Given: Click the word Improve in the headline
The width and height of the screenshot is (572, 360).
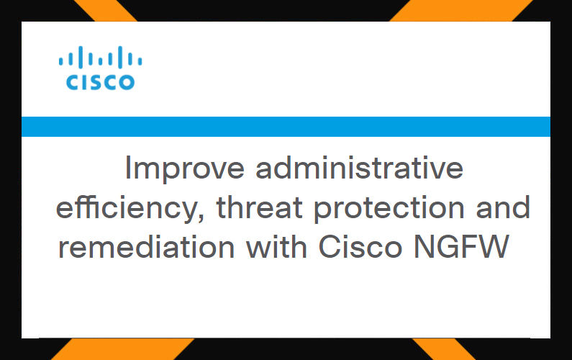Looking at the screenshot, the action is tap(185, 169).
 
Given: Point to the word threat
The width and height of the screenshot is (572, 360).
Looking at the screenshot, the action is tap(259, 207).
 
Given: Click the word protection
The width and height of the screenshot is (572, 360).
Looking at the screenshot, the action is tap(389, 208).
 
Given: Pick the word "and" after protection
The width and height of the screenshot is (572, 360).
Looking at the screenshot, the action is tap(503, 207).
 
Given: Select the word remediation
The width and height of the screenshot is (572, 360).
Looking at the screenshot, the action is tap(146, 246).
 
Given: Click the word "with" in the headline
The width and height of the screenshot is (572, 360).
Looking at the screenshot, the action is tap(276, 246).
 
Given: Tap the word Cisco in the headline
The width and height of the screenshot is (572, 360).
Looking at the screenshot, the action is tap(360, 246).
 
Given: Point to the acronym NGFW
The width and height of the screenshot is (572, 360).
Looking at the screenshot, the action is tap(461, 246).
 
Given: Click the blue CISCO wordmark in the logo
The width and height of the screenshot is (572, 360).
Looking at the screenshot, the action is tap(100, 82).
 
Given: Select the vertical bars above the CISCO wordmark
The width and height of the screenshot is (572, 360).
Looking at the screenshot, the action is tap(100, 58).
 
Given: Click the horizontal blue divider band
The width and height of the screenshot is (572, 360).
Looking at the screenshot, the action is tap(286, 127).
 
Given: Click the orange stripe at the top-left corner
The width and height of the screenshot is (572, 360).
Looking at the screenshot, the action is tap(106, 11).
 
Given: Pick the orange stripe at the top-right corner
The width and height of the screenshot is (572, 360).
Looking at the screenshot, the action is tap(461, 11).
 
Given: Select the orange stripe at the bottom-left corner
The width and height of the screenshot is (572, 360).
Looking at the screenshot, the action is tap(122, 349).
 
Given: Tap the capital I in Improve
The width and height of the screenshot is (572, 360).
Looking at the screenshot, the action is tap(127, 167).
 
